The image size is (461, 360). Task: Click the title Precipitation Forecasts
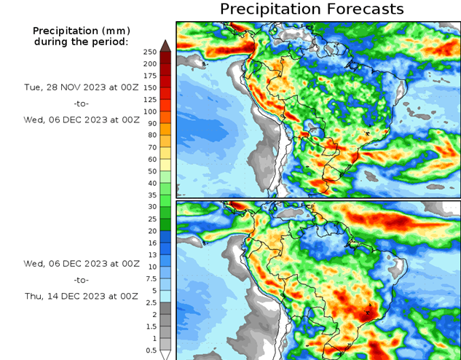[x=312, y=9]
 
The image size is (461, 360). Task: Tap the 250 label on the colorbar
[x=149, y=52]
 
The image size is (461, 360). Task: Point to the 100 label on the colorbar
[x=149, y=111]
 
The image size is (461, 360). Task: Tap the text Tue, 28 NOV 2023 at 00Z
[x=81, y=87]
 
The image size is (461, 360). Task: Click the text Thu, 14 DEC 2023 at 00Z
[x=81, y=296]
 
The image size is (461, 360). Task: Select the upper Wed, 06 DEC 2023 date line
[x=81, y=120]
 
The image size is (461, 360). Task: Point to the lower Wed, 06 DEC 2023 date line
[x=81, y=263]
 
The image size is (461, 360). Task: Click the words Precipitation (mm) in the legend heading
[x=81, y=31]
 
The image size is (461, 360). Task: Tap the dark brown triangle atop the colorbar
[x=165, y=46]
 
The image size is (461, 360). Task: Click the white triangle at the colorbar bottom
[x=165, y=355]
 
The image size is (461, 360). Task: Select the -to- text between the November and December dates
[x=81, y=103]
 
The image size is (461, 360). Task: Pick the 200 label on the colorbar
[x=149, y=63]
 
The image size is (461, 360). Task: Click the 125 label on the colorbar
[x=149, y=99]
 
